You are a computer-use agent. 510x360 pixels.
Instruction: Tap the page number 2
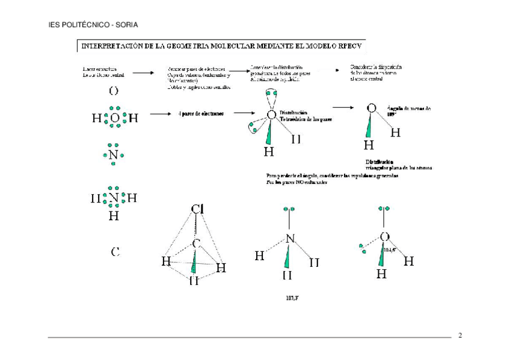pyautogui.click(x=460, y=335)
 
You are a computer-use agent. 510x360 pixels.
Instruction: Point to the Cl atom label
pyautogui.click(x=197, y=209)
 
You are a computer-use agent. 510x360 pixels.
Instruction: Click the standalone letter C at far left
pyautogui.click(x=115, y=252)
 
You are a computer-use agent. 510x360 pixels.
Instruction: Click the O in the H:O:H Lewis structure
pyautogui.click(x=115, y=118)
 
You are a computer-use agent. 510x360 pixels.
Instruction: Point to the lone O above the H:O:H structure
pyautogui.click(x=114, y=91)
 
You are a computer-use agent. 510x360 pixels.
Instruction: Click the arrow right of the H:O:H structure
pyautogui.click(x=158, y=113)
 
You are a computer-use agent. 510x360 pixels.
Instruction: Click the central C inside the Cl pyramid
pyautogui.click(x=196, y=243)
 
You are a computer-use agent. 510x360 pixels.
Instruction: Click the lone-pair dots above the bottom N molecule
pyautogui.click(x=289, y=210)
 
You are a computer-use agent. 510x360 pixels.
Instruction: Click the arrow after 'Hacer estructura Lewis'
pyautogui.click(x=143, y=72)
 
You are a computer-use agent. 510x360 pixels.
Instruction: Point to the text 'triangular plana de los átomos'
pyautogui.click(x=399, y=168)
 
